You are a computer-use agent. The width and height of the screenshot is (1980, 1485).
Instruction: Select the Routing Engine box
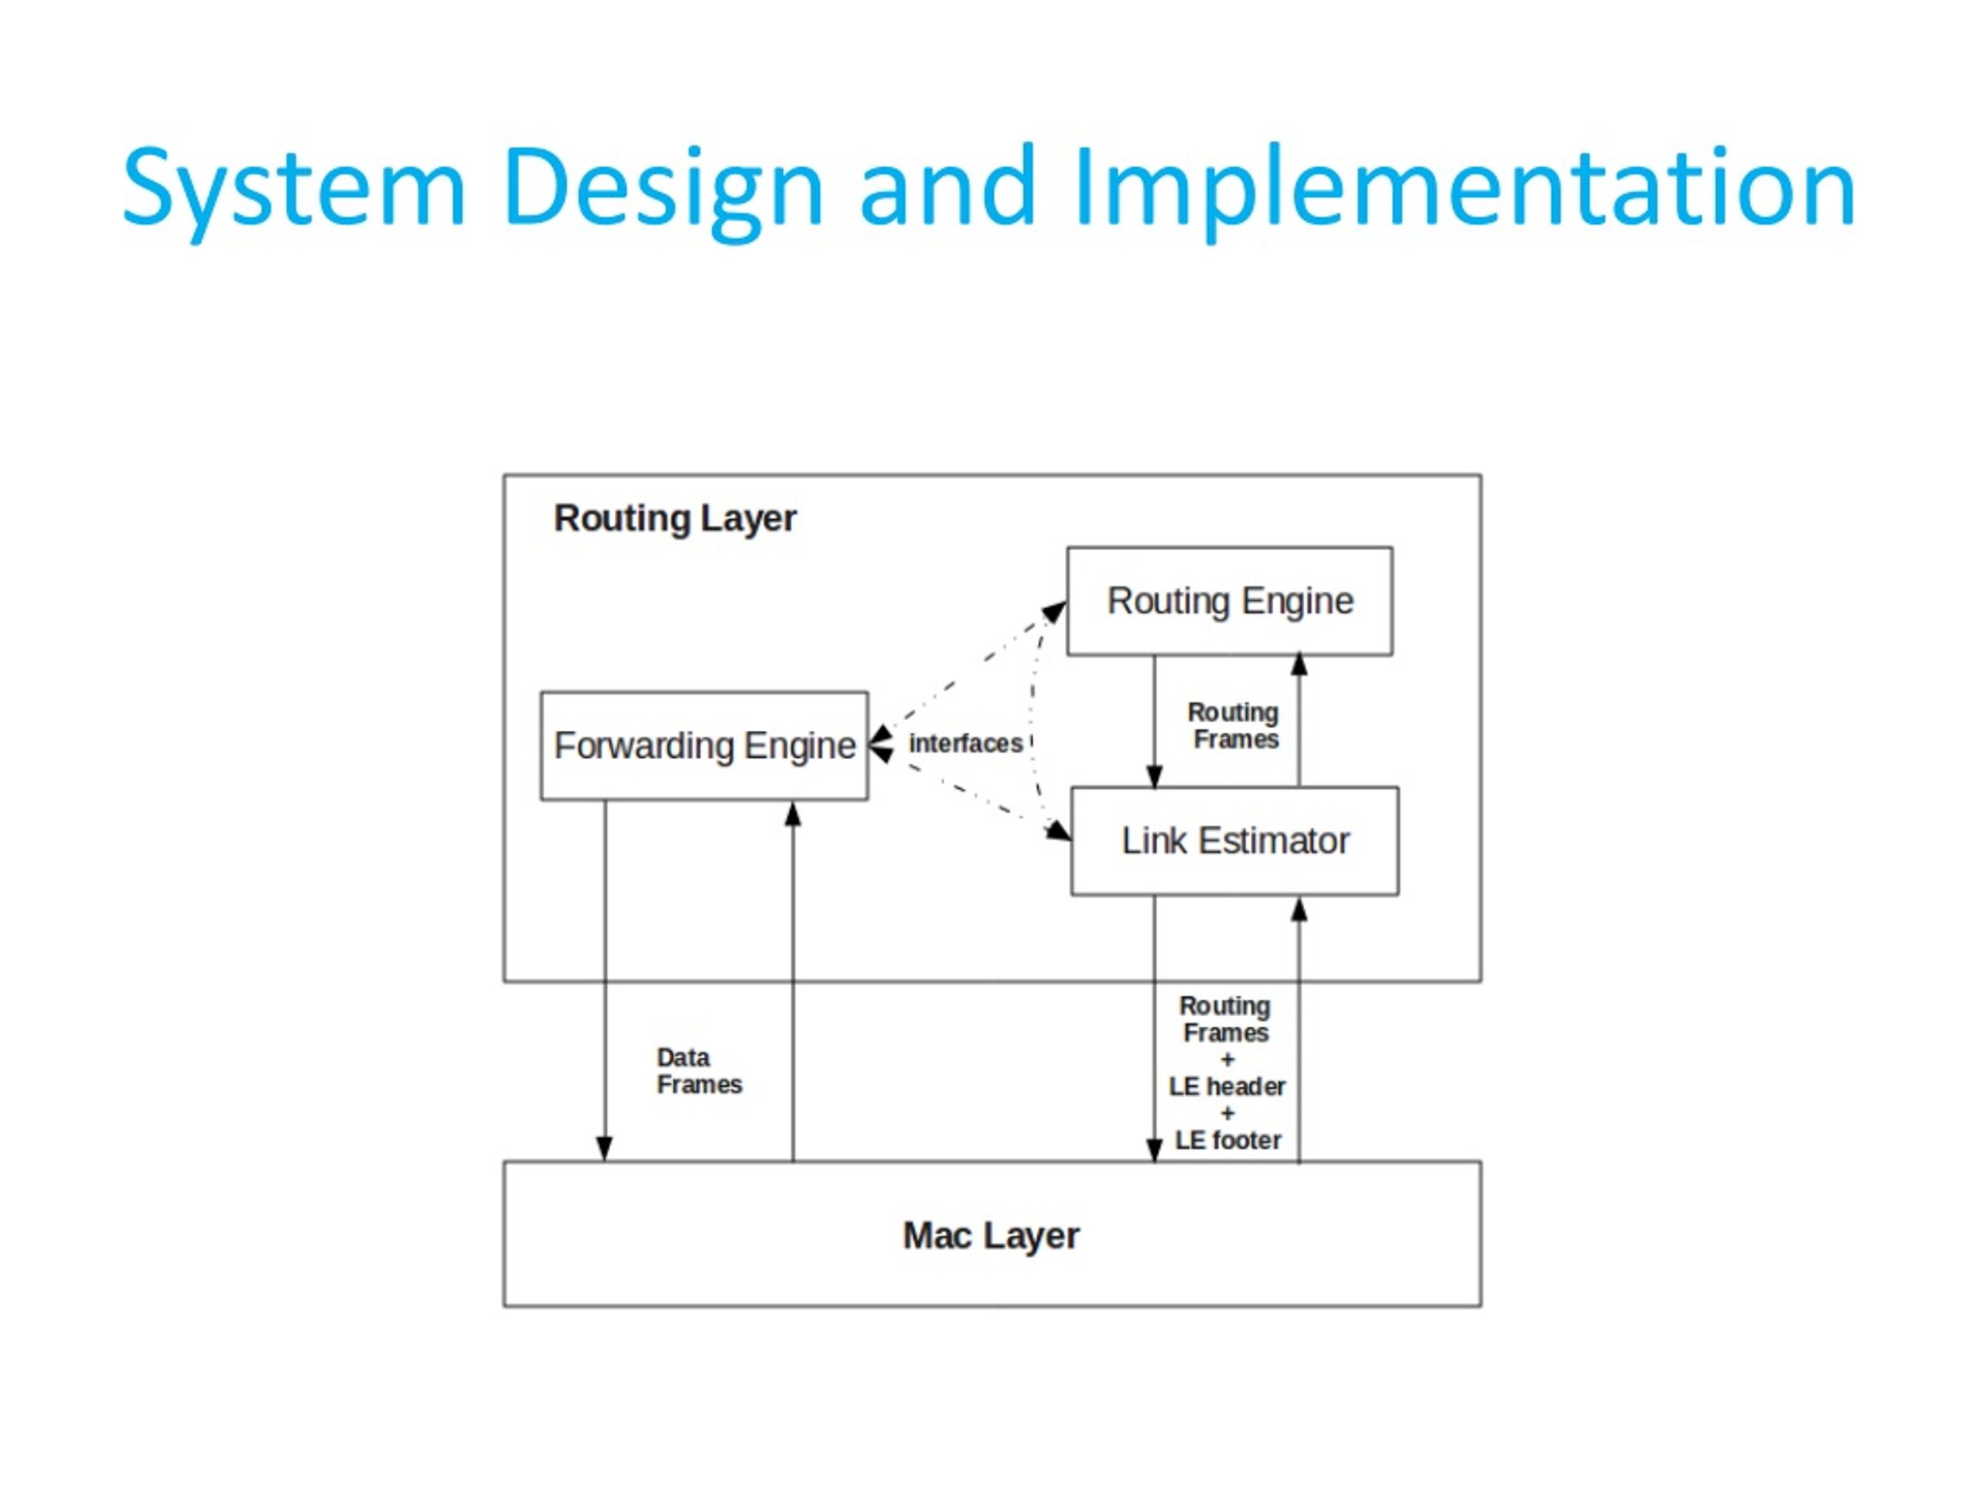1229,602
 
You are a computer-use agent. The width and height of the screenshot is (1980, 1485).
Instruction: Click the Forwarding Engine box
705,746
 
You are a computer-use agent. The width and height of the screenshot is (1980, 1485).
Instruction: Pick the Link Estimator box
1234,841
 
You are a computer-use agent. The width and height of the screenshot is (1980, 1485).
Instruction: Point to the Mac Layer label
991,1237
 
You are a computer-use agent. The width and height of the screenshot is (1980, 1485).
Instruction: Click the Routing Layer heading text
675,519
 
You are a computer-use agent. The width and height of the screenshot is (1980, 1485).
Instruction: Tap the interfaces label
965,743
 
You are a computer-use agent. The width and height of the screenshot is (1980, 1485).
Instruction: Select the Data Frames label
699,1070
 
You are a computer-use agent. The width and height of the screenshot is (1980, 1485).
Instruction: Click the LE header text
1227,1087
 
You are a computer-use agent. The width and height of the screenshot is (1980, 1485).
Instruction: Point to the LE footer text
1227,1140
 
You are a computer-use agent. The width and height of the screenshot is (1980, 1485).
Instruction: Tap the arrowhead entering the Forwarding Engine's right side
881,745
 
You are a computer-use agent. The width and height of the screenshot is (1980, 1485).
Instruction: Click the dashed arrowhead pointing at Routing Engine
1054,613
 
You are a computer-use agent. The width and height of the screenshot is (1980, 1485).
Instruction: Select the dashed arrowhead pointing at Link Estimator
1058,831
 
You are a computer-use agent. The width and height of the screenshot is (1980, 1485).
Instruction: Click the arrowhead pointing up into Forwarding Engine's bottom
792,814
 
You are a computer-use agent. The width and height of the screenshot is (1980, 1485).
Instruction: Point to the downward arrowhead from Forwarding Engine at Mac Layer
604,1149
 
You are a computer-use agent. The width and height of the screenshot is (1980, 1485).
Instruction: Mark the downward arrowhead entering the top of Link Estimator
1154,775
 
